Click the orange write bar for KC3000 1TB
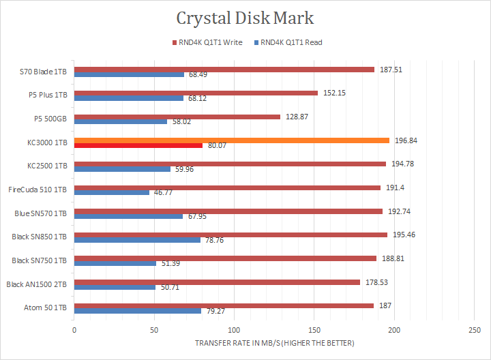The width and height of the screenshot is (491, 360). (x=232, y=140)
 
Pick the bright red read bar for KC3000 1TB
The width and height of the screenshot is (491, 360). (x=138, y=145)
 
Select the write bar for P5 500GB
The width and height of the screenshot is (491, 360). (x=177, y=117)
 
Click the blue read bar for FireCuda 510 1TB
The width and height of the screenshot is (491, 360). (x=112, y=192)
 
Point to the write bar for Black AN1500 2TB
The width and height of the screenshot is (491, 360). (x=217, y=282)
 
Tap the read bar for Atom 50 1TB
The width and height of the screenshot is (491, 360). (x=138, y=311)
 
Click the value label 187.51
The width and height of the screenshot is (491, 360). (x=391, y=69)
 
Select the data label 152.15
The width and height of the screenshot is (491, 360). (x=334, y=93)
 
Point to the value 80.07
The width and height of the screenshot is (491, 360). (x=216, y=145)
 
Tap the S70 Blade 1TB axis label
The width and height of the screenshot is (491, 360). (x=44, y=72)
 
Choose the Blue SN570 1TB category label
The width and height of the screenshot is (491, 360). (x=41, y=213)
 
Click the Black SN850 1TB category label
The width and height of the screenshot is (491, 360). (x=40, y=237)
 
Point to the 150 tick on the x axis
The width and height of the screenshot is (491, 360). (x=314, y=329)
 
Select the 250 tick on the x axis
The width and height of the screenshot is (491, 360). (x=473, y=329)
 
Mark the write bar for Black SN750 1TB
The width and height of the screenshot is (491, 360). (x=225, y=258)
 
